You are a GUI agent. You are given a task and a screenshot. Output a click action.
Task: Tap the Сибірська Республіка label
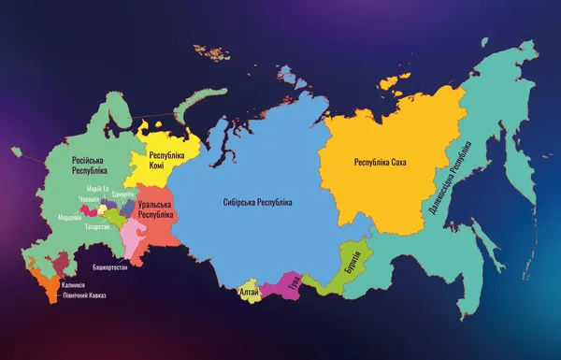click(x=258, y=202)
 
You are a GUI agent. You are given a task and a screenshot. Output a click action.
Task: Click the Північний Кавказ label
click(x=84, y=295)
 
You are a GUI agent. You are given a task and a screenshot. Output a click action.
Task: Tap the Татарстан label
click(x=97, y=226)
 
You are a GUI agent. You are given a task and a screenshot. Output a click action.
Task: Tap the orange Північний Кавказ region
click(x=43, y=281)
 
